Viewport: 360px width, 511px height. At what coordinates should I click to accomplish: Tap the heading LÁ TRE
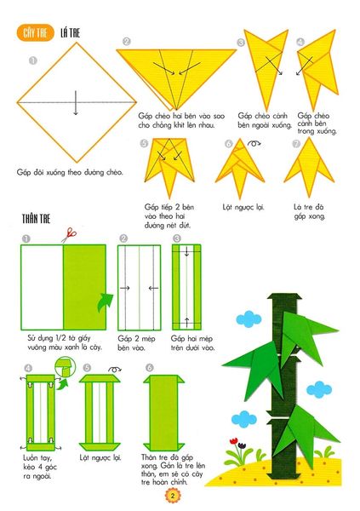coord(71,33)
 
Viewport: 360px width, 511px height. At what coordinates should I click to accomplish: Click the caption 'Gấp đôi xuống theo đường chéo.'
coord(70,172)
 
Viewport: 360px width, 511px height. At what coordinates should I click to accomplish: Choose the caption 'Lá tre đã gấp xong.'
coord(310,210)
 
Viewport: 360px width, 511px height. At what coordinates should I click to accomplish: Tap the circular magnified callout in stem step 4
coord(62,367)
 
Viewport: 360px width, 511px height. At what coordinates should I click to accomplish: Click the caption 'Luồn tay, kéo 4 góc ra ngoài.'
coord(43,466)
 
